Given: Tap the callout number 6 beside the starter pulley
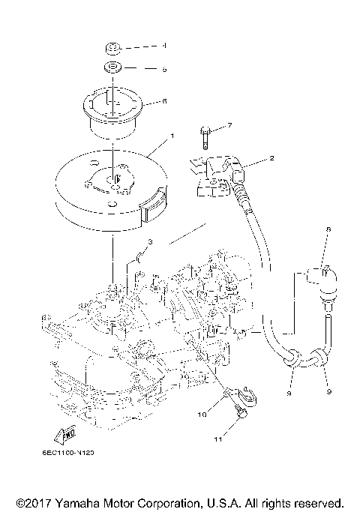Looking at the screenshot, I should point(165,100).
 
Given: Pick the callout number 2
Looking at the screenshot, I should point(271,159).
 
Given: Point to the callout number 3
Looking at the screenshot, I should point(150,241).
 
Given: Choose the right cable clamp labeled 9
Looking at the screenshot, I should point(321,358).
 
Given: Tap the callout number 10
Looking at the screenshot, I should point(201,413).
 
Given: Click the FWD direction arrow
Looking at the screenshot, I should point(64,436).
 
